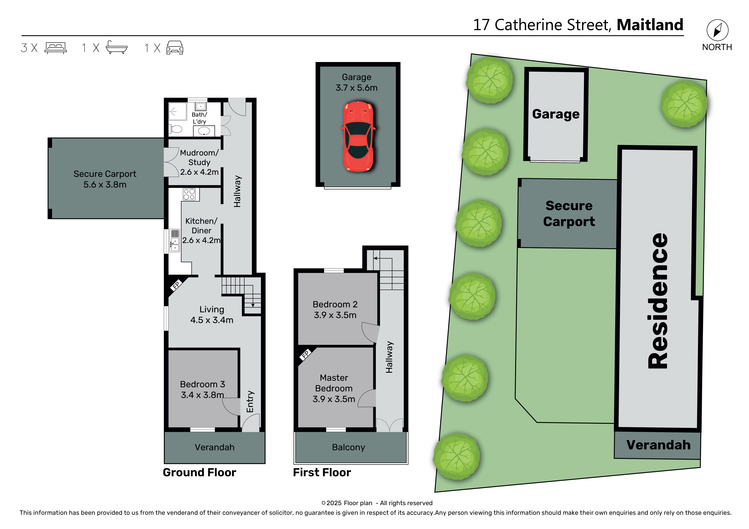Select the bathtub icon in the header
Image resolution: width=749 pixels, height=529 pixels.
(116, 48)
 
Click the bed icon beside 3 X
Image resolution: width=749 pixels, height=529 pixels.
(56, 48)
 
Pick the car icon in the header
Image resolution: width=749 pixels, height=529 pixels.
(175, 48)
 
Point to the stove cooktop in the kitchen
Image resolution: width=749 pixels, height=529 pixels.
(189, 194)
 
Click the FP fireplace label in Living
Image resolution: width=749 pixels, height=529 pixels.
(176, 285)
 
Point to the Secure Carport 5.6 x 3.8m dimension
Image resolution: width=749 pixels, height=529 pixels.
(105, 185)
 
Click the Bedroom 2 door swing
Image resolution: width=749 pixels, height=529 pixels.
(370, 332)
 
